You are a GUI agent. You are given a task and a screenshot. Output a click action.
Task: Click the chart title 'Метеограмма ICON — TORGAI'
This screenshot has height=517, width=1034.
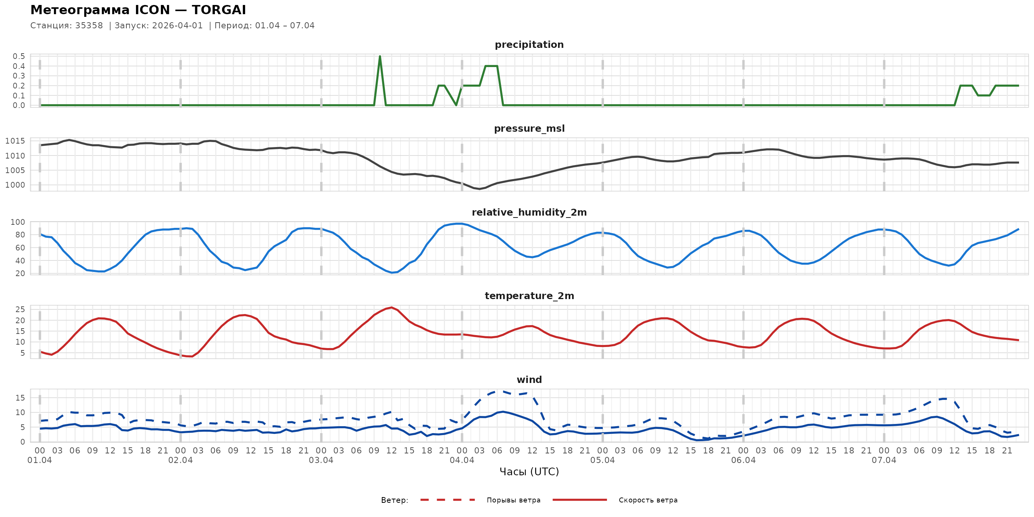click(x=138, y=10)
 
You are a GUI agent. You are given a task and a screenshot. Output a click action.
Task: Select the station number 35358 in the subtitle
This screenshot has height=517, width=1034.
click(x=89, y=26)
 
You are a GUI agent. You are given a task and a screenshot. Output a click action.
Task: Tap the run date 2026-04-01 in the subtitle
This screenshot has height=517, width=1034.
click(x=177, y=26)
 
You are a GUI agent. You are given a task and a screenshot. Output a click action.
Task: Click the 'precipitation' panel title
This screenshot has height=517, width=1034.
click(x=529, y=44)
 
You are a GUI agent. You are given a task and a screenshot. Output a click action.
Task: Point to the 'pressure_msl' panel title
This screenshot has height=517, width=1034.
click(x=529, y=128)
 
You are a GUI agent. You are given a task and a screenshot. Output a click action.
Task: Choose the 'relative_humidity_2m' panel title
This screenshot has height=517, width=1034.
click(x=529, y=212)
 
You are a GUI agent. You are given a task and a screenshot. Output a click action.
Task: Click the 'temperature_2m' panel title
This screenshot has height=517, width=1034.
click(x=529, y=296)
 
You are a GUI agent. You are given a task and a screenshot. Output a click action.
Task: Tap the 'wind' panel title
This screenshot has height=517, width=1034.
click(x=529, y=380)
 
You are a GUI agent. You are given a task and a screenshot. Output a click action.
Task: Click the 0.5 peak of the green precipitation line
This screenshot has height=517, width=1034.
click(x=380, y=57)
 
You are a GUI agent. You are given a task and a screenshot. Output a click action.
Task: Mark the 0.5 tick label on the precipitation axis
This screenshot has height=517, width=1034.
click(x=19, y=56)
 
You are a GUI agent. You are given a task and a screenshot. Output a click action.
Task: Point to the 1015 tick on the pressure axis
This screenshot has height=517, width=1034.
click(x=15, y=141)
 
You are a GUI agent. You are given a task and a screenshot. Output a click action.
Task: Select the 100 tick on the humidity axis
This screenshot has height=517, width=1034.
click(x=18, y=222)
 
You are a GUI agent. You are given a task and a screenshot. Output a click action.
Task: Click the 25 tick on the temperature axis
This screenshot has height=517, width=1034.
click(x=20, y=309)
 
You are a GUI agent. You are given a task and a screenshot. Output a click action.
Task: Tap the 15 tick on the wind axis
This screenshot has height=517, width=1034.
click(x=20, y=398)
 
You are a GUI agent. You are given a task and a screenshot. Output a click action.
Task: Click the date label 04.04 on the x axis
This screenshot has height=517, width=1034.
click(x=461, y=460)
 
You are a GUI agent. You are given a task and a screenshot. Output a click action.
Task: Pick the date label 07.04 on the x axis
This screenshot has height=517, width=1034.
click(x=884, y=460)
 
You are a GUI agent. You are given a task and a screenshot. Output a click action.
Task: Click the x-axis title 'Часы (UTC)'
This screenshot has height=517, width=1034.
click(x=529, y=472)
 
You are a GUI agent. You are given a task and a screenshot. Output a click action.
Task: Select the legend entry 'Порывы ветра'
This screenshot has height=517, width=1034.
click(x=514, y=500)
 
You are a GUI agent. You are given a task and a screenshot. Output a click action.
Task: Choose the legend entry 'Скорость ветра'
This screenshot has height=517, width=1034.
click(x=648, y=500)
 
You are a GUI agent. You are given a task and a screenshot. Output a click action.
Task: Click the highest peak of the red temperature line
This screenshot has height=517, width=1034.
click(x=391, y=308)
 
